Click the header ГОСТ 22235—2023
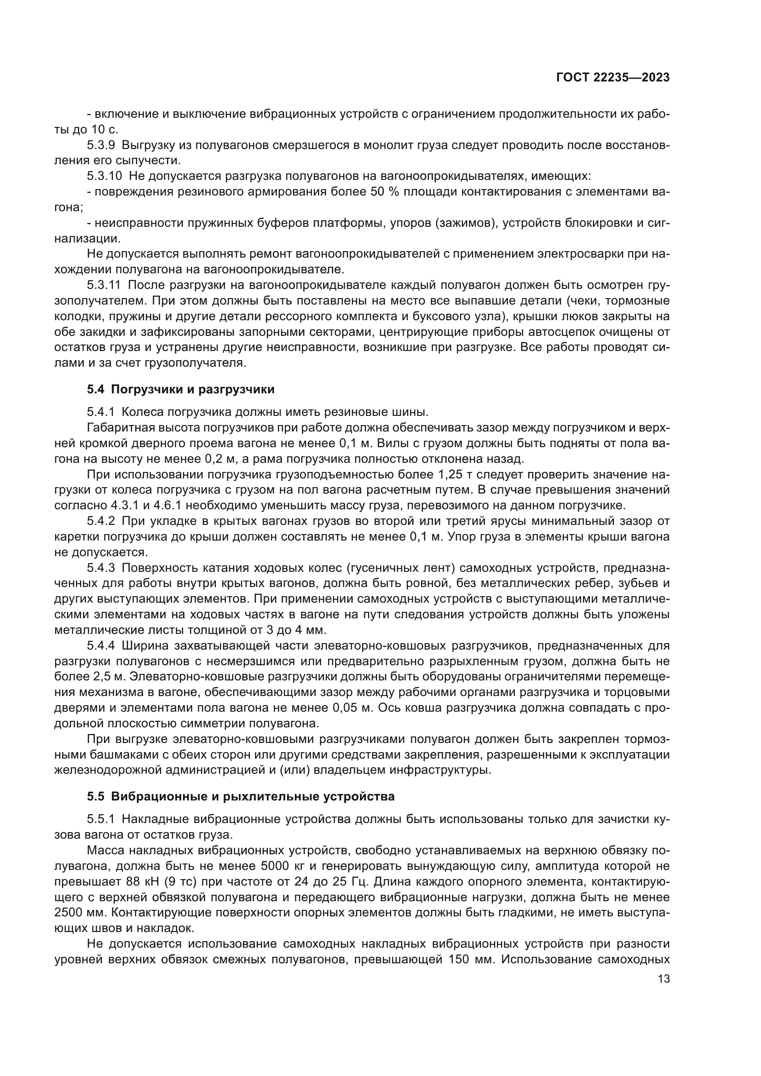[612, 78]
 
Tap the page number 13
[663, 979]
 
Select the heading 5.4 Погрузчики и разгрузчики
[180, 390]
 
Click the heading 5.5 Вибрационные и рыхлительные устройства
[240, 797]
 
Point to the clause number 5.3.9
[101, 145]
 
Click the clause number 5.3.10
[104, 176]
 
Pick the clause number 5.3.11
[104, 285]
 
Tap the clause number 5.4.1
[101, 412]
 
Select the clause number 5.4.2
[101, 521]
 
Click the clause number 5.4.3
[101, 568]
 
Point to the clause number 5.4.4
[101, 646]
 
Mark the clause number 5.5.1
[101, 819]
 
